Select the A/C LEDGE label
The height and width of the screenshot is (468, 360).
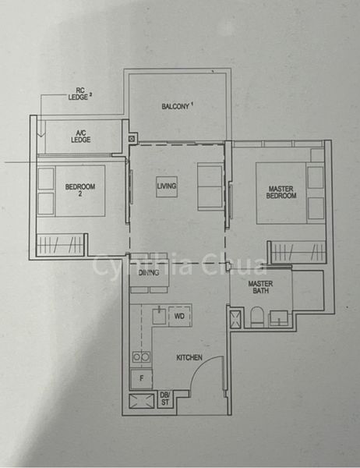(80, 135)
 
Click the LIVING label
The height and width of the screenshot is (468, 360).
(166, 186)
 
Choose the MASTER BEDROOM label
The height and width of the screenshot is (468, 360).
(281, 191)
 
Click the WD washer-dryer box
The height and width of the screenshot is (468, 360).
(178, 317)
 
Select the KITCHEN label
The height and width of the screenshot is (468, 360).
(189, 357)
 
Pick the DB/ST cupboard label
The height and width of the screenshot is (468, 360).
(166, 400)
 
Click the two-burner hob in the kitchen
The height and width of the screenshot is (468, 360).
(140, 356)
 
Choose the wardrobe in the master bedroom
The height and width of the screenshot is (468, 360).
(295, 252)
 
